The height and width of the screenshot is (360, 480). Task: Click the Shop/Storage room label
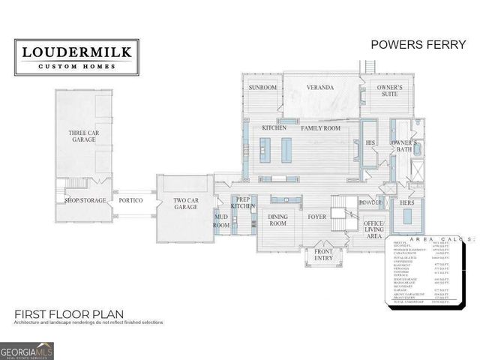click(x=85, y=200)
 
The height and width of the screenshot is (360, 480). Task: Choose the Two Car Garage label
click(x=185, y=202)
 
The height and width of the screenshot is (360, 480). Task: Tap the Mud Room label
click(x=221, y=220)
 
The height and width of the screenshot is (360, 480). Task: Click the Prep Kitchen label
click(x=243, y=202)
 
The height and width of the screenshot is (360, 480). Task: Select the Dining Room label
click(x=278, y=220)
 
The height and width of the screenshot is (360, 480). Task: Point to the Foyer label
click(x=316, y=217)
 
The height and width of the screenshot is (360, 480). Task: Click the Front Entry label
click(x=323, y=255)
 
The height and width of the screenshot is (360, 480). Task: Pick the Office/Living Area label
click(x=373, y=229)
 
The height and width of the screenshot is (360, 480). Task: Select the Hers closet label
click(x=407, y=203)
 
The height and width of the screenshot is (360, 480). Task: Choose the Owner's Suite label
click(x=390, y=91)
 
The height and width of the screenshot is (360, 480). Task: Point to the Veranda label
click(x=319, y=88)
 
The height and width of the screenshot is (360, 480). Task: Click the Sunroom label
click(x=263, y=88)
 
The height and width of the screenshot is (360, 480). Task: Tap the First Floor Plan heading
click(x=68, y=313)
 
